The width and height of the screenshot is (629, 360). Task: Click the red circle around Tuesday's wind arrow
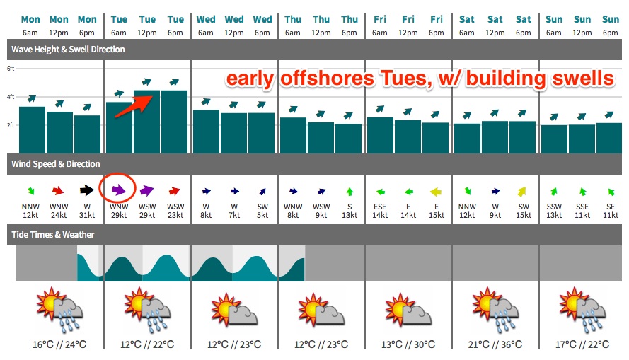100,188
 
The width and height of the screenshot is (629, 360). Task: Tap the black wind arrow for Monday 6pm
86,190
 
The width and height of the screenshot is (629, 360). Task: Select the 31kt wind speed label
87,215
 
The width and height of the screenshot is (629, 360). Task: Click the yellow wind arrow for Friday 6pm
436,192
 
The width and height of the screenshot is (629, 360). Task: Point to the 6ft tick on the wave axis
11,69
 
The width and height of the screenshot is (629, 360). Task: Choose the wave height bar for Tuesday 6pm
174,122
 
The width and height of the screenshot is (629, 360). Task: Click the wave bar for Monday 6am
32,130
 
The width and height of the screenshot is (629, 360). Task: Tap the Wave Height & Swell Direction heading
68,50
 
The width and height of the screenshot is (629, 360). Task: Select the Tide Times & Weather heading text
52,235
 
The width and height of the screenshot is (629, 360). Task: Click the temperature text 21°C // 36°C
495,344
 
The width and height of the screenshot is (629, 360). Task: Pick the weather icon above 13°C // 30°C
408,310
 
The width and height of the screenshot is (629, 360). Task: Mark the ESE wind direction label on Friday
380,207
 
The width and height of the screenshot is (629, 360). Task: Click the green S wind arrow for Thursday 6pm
350,192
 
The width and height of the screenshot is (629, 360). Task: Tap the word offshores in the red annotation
327,79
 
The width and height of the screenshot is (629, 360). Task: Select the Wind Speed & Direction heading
55,164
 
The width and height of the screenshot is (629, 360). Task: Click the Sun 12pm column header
582,25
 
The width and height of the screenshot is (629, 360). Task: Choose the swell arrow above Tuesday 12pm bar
147,82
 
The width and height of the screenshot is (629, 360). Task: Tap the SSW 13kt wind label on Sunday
554,211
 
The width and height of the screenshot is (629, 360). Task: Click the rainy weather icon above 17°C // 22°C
582,310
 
